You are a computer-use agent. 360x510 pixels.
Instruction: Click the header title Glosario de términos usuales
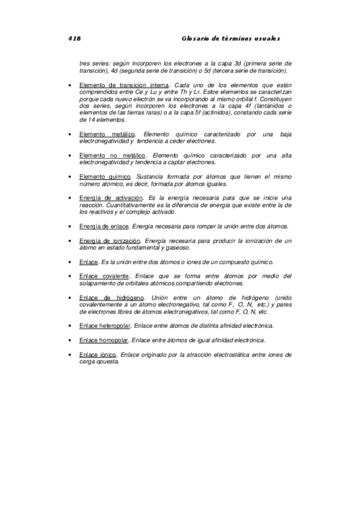231,38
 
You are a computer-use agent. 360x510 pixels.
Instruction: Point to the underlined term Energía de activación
111,198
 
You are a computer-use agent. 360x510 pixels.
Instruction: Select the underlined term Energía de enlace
103,226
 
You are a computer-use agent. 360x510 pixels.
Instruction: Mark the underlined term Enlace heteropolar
105,326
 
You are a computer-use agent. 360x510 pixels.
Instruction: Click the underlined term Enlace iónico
97,355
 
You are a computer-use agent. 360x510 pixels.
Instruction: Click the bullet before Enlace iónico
71,355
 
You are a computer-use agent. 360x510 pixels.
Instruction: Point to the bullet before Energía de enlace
71,227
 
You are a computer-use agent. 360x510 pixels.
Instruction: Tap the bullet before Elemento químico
71,177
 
